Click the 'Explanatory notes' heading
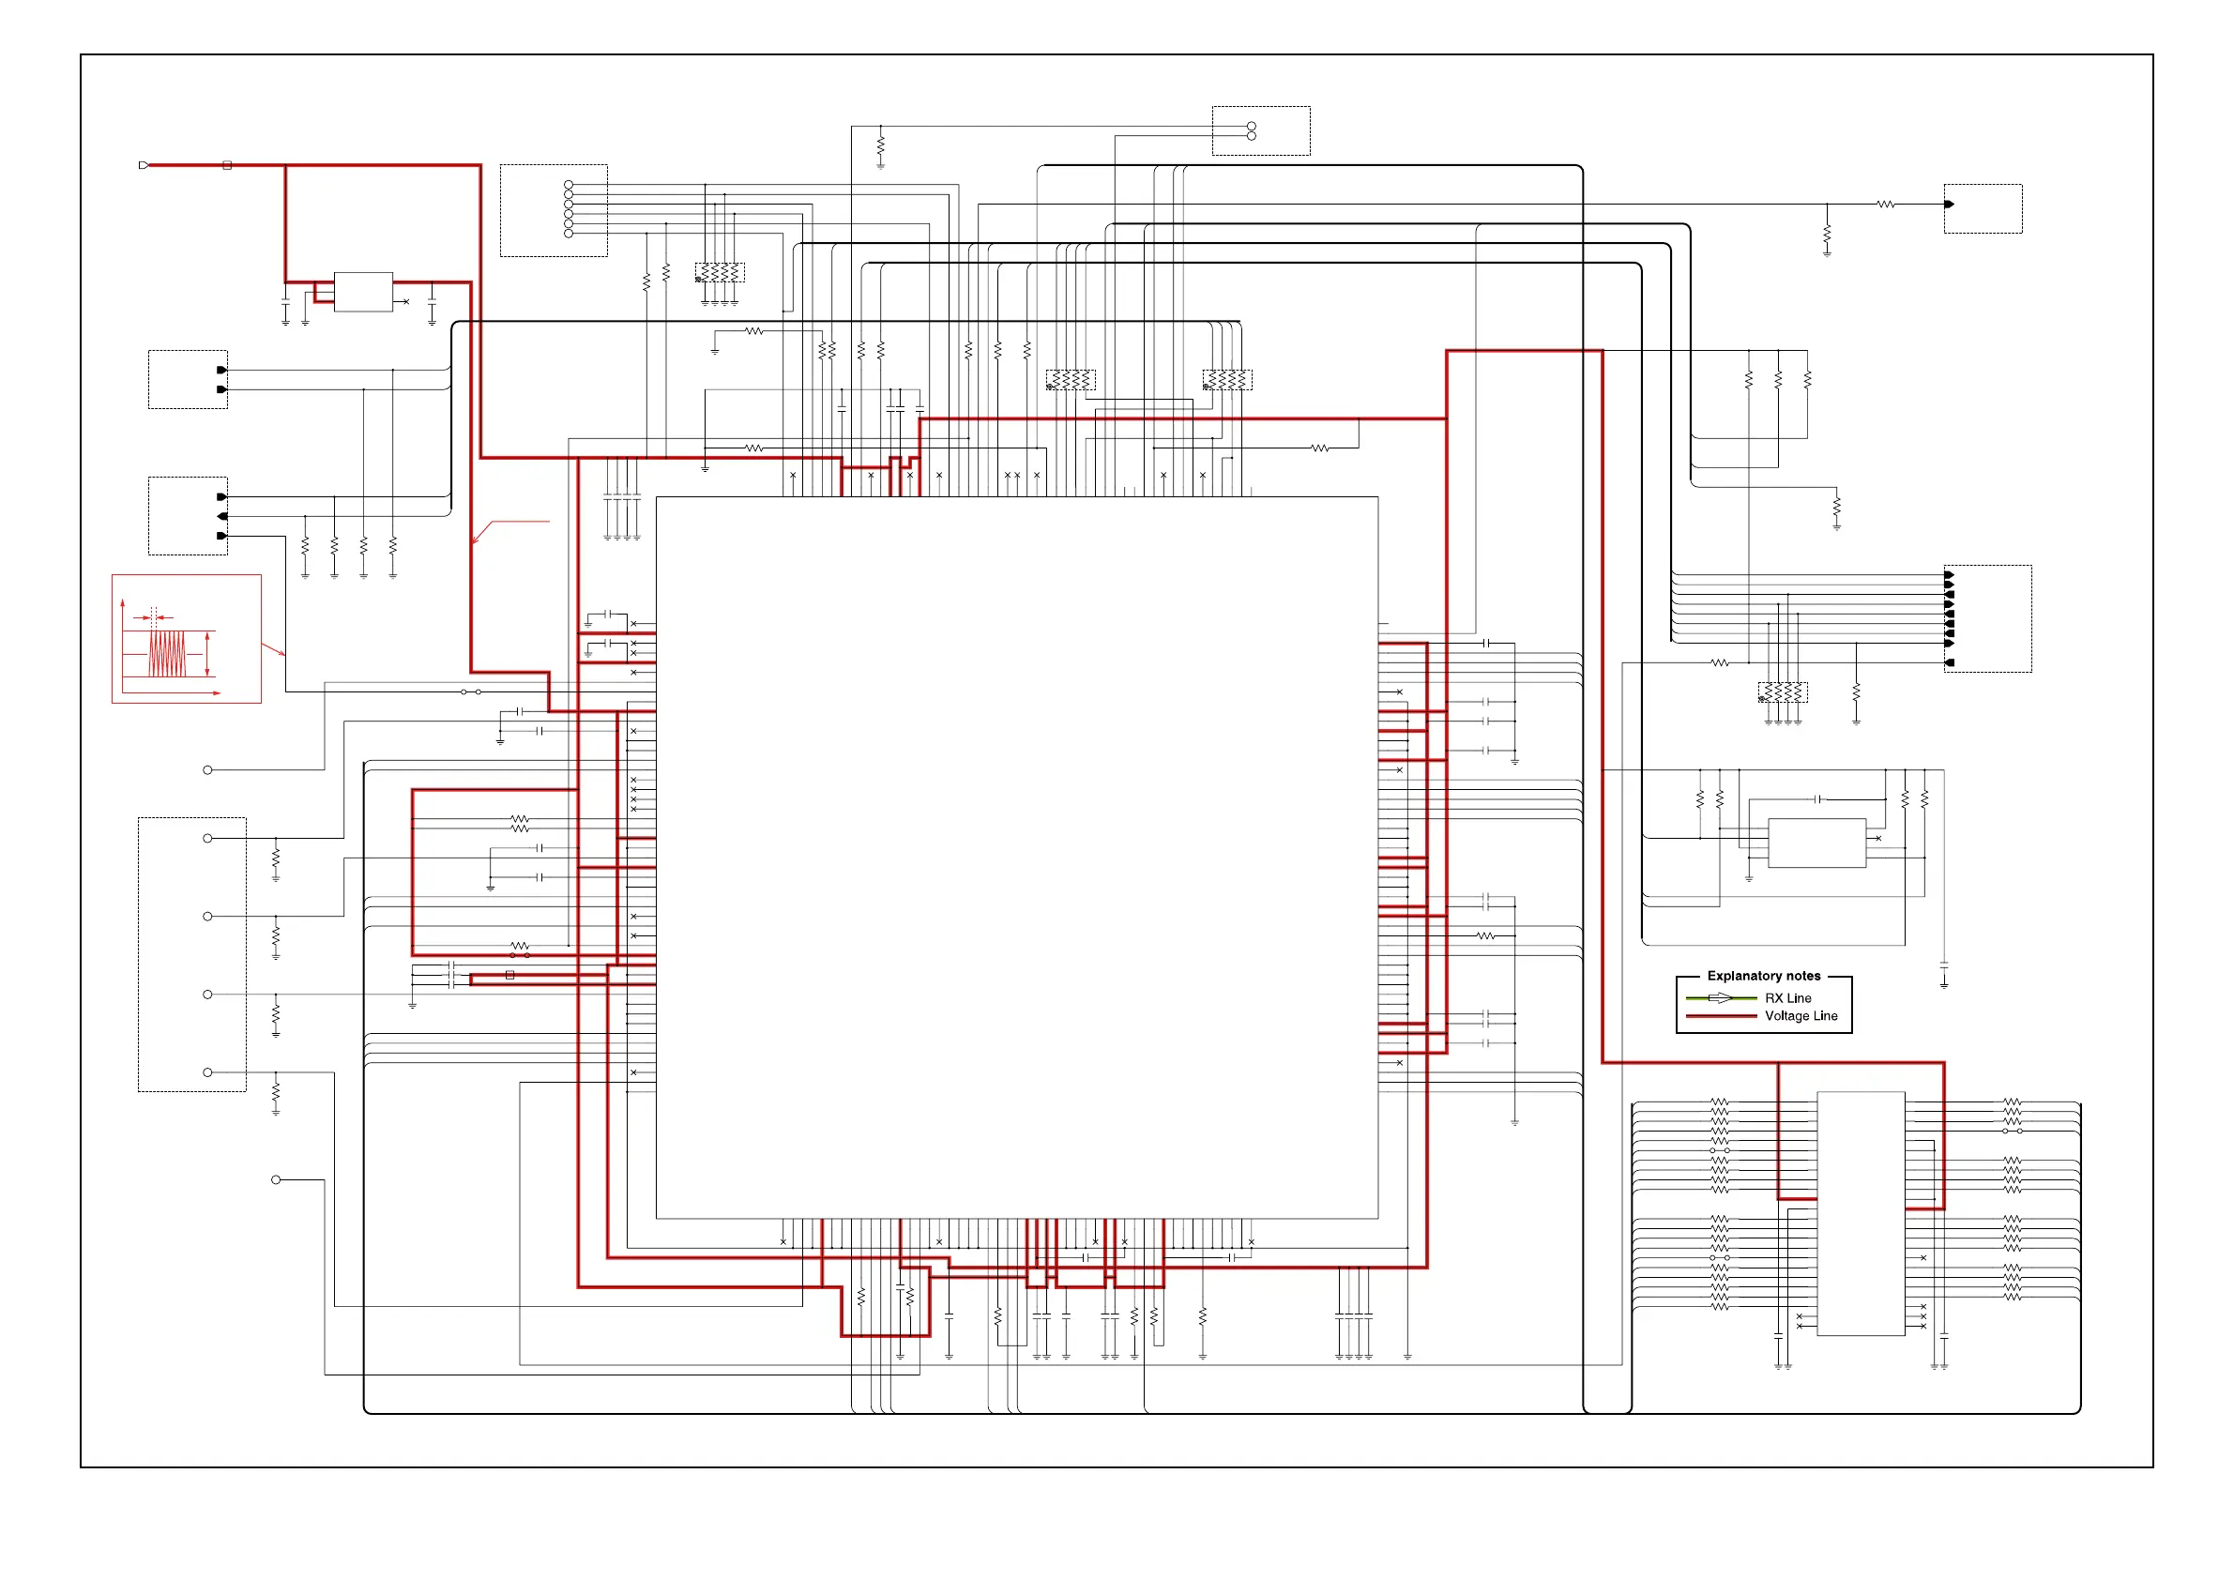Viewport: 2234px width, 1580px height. pos(1763,976)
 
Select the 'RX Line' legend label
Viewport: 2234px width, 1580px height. pos(1787,998)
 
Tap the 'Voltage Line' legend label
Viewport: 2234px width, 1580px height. pos(1801,1016)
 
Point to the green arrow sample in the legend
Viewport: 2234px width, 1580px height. pos(1720,998)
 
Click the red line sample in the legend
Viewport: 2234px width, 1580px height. pos(1720,1016)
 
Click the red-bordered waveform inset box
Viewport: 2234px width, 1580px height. pos(186,638)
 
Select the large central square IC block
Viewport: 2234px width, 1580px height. pos(1017,858)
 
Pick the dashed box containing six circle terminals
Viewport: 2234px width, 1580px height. pos(554,210)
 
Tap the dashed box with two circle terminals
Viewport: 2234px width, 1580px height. pos(1260,130)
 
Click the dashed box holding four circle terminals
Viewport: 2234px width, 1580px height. pos(191,954)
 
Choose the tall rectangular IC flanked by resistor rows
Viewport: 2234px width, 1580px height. pos(1861,1213)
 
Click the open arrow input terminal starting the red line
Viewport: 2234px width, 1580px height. pos(144,165)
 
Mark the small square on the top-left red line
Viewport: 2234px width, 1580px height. pos(227,165)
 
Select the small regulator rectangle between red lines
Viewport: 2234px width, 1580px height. pos(363,292)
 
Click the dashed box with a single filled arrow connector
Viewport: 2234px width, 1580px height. pos(1982,208)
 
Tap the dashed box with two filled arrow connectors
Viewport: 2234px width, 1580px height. pos(188,379)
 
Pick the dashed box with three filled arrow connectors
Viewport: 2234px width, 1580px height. pos(188,516)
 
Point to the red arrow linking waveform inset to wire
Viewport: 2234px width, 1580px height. pos(273,648)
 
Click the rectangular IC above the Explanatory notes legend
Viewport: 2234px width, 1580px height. pos(1816,843)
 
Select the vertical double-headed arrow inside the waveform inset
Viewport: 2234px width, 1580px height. pos(207,654)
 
